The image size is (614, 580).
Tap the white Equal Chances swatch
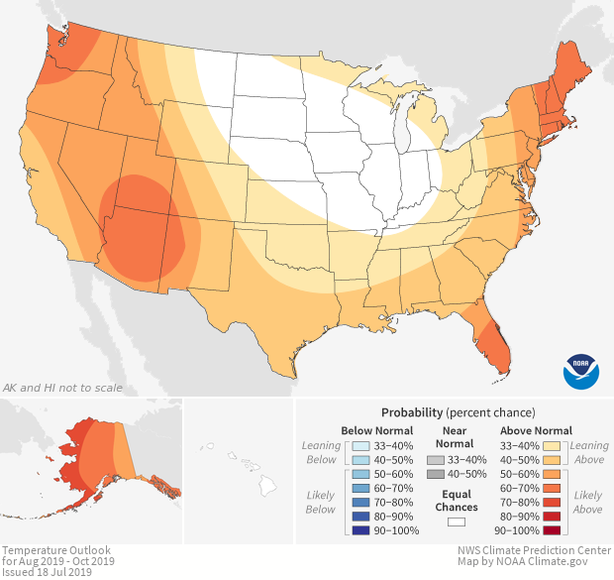(x=456, y=522)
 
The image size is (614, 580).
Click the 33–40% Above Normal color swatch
(x=553, y=446)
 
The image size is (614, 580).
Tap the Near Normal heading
(x=456, y=437)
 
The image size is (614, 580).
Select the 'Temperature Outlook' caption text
(x=55, y=549)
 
